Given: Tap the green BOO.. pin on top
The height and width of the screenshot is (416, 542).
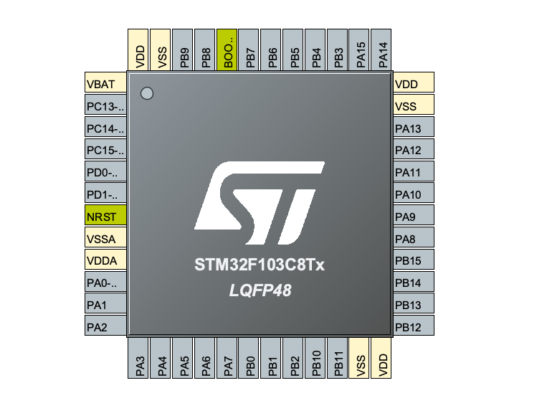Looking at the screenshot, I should click(x=227, y=49).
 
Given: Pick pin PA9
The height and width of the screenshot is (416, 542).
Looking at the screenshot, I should click(x=414, y=217).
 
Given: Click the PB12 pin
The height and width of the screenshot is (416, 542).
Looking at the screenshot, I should click(x=414, y=327).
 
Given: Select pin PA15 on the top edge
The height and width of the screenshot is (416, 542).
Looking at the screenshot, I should click(x=360, y=49).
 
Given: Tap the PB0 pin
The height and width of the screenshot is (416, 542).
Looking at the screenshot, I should click(x=249, y=358).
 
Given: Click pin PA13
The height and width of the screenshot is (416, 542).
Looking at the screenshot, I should click(x=414, y=128).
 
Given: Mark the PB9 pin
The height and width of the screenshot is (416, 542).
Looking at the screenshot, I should click(x=184, y=49).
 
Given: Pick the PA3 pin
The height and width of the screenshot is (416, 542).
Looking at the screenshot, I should click(x=139, y=358).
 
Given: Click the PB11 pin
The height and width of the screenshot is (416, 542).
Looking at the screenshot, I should click(x=338, y=358).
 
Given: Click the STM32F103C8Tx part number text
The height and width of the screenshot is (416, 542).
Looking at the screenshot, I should click(x=260, y=265).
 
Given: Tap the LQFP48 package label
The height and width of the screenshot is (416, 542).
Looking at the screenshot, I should click(x=260, y=290).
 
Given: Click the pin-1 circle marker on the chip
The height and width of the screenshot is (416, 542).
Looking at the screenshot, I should click(x=147, y=93).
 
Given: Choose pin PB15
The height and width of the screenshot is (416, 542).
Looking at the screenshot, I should click(x=414, y=261).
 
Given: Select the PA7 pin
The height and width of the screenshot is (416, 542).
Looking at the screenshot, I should click(x=227, y=358).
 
